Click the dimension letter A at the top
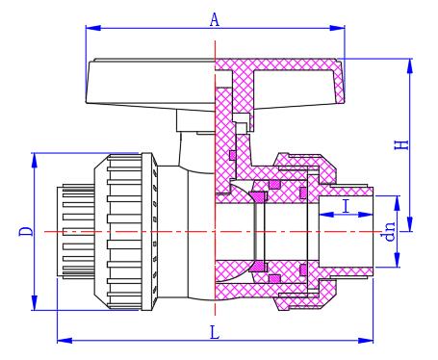click(x=215, y=19)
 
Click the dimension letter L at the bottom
click(x=215, y=332)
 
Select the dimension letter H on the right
click(x=401, y=144)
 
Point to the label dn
click(x=388, y=231)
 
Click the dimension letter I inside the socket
click(x=346, y=206)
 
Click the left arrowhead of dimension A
click(x=93, y=28)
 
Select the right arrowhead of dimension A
click(x=337, y=28)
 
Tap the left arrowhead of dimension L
click(x=64, y=340)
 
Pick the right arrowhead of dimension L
click(x=366, y=340)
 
